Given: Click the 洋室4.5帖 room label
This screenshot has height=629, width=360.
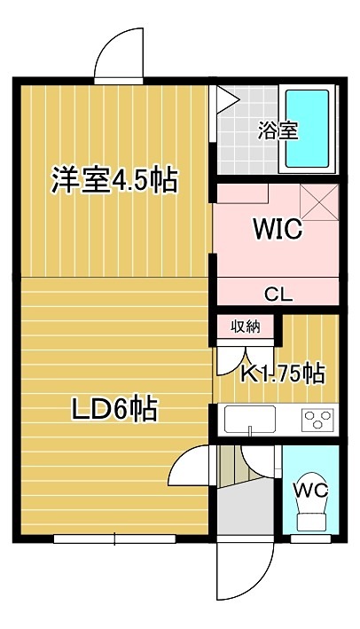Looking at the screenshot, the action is click(114, 181).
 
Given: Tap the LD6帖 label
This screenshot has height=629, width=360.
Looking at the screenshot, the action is click(113, 408).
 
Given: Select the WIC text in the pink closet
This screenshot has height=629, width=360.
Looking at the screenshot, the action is click(278, 230).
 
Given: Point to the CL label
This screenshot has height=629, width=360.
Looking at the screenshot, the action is click(278, 295).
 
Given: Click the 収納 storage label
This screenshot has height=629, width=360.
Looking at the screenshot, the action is click(246, 327).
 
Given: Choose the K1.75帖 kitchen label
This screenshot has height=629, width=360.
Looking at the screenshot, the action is click(282, 373).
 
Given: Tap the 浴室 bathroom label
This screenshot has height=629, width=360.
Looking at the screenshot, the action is click(278, 130).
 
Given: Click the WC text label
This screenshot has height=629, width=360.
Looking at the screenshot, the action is click(310, 490).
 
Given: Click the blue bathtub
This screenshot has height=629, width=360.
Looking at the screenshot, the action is click(307, 129).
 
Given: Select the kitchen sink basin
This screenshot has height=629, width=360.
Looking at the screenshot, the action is click(250, 420).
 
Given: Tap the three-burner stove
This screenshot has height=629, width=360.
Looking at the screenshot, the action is click(317, 420).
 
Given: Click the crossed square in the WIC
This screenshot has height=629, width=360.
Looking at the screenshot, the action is click(319, 202).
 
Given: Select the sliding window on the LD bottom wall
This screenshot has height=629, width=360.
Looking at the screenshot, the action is click(115, 539).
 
